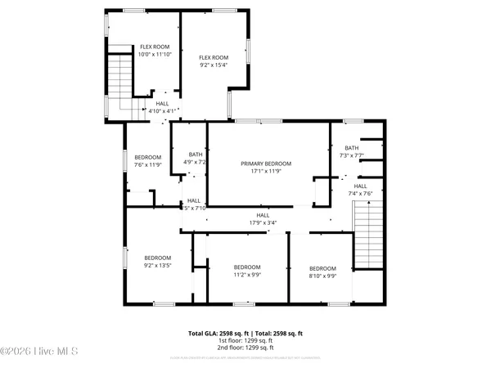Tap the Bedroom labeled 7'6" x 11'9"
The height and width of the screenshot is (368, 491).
coord(148,160)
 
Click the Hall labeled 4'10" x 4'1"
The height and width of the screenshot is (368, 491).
coord(163,107)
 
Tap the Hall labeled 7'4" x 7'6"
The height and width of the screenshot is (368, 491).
coord(363,190)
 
